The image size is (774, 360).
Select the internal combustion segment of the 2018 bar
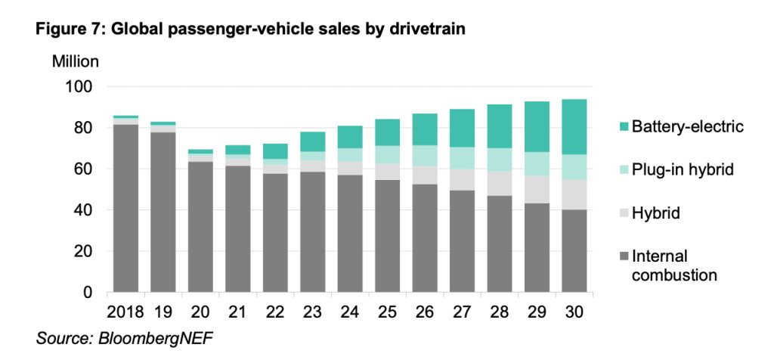[125, 208]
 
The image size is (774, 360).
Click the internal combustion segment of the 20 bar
[200, 227]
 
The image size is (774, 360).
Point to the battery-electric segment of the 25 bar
[387, 132]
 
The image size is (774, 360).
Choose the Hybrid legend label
[656, 213]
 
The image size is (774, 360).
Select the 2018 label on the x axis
[125, 311]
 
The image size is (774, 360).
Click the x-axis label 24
[349, 311]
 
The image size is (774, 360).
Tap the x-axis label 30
[574, 311]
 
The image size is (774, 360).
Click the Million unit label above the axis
[75, 61]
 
